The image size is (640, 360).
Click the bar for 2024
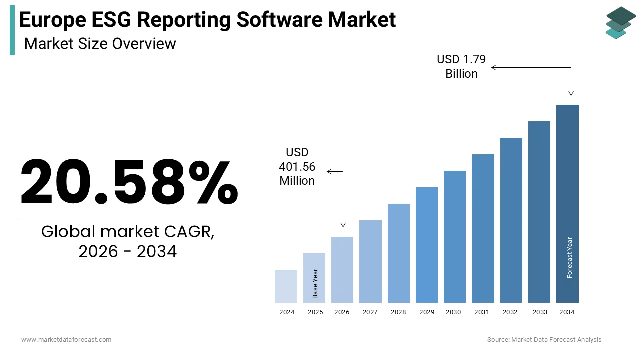point(286,286)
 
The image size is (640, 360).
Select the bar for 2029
point(426,245)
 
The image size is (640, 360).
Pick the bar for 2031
point(483,228)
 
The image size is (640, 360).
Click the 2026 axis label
point(342,312)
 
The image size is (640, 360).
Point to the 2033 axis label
point(540,312)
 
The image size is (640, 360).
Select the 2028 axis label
point(398,312)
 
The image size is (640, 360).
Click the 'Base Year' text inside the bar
point(315,284)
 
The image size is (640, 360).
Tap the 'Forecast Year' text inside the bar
point(569,257)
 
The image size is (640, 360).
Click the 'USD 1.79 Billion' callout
point(461,66)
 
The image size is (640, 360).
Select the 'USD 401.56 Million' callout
point(297,166)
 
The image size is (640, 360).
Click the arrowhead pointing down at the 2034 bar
point(571,93)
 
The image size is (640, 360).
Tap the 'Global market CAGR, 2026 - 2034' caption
point(128,241)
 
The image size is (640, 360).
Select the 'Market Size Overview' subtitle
point(100,44)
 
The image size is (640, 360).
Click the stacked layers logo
point(620,23)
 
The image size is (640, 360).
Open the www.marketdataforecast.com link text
point(66,340)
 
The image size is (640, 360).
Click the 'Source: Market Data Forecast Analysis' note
point(544,340)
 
